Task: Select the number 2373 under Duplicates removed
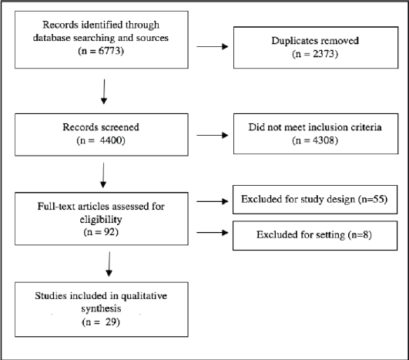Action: [x=324, y=54]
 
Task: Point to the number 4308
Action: [x=324, y=140]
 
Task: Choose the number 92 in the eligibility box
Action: [x=109, y=231]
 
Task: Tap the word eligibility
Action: [x=101, y=219]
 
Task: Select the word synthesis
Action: [x=101, y=309]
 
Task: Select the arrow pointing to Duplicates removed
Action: [x=213, y=47]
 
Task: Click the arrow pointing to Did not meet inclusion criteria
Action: [x=213, y=135]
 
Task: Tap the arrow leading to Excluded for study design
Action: [x=213, y=201]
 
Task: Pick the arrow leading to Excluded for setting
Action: [x=213, y=232]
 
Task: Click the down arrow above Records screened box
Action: [x=104, y=92]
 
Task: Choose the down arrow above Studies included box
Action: [x=109, y=264]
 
